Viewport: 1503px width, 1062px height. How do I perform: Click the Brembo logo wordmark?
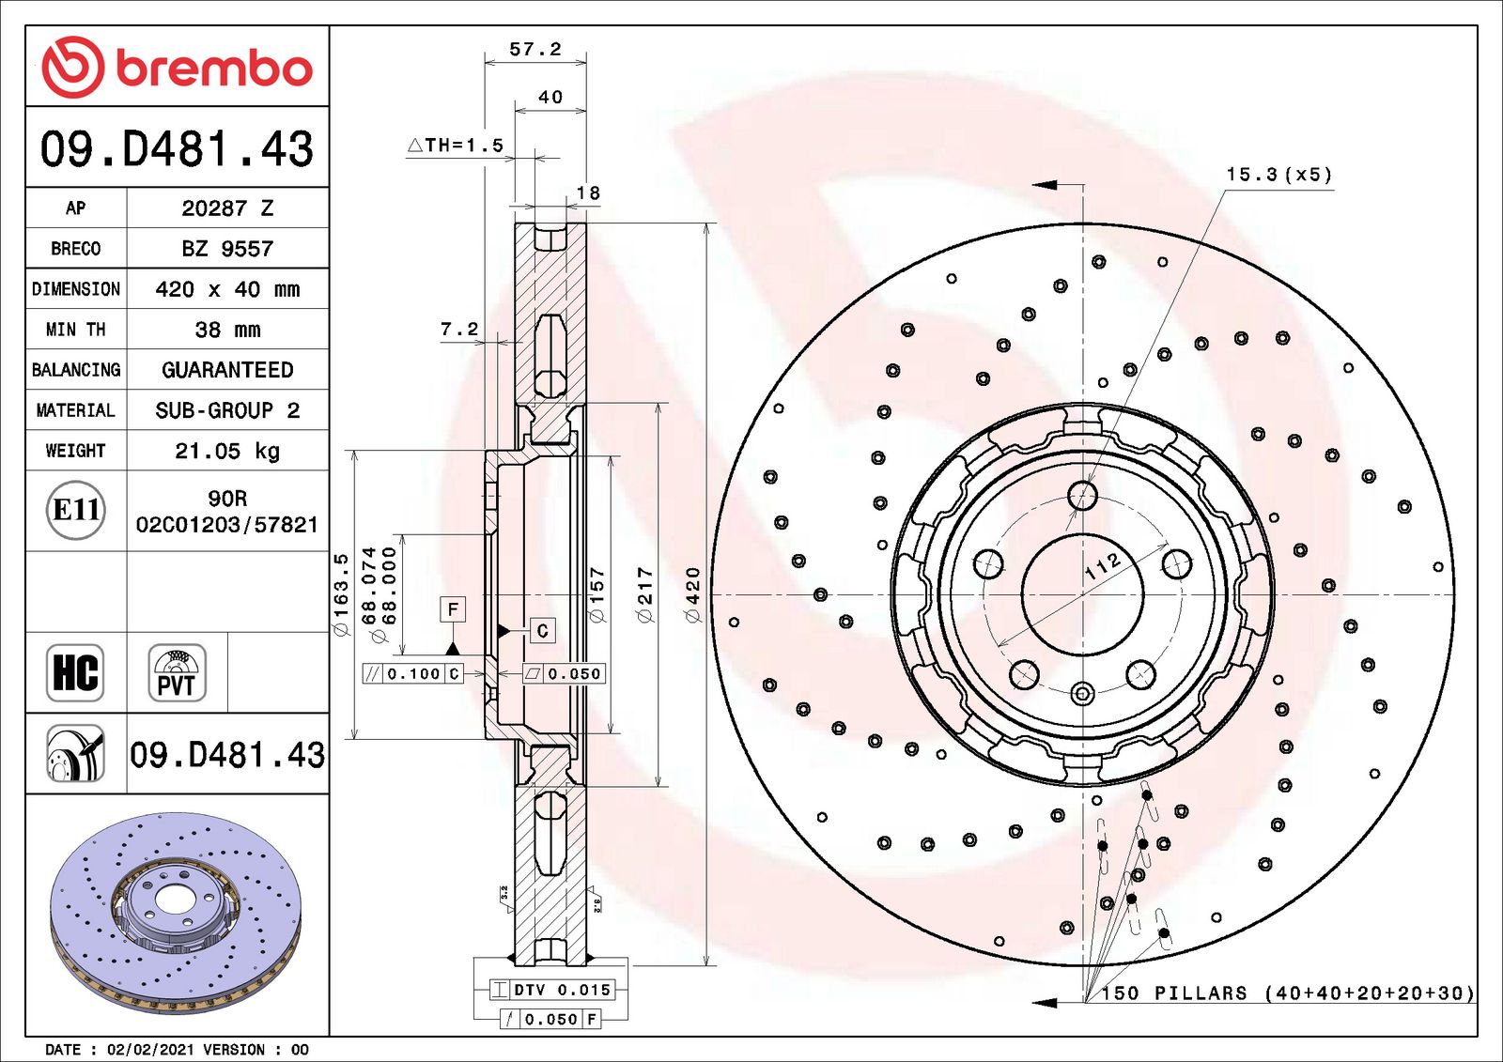coord(213,68)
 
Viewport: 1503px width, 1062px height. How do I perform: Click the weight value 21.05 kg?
coord(227,451)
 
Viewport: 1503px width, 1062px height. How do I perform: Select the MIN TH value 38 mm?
coord(227,330)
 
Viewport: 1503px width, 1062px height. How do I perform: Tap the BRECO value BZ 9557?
coord(227,249)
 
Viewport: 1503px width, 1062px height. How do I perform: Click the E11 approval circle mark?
coord(76,510)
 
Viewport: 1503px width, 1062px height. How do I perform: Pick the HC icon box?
coord(75,672)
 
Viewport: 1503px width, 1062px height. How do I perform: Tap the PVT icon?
coord(177,673)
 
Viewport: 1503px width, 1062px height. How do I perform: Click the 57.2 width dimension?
coord(535,49)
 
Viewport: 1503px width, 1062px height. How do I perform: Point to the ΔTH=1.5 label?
coord(457,146)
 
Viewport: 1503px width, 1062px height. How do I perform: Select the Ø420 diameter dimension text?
coord(693,594)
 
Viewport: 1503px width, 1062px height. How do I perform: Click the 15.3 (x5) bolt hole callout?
coord(1278,175)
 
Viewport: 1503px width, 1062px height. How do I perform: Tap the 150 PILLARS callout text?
coord(1286,993)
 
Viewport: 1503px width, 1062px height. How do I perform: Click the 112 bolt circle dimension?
coord(1103,566)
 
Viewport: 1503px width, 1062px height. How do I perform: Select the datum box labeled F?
coord(453,609)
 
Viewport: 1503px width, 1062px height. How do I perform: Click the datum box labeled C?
coord(542,631)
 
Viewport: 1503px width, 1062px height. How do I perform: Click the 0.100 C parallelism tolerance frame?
coord(413,673)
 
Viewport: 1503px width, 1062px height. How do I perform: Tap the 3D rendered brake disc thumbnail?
coord(176,913)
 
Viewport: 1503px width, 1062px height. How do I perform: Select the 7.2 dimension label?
coord(459,330)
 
